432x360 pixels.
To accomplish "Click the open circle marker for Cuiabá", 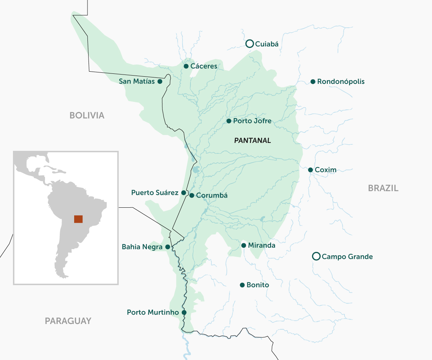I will pyautogui.click(x=249, y=44).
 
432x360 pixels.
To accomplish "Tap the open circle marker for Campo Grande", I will pyautogui.click(x=316, y=256).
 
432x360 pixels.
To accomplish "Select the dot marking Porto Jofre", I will pyautogui.click(x=229, y=121).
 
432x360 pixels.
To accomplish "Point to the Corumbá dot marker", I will pyautogui.click(x=192, y=195).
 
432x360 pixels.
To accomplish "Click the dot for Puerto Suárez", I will pyautogui.click(x=184, y=193).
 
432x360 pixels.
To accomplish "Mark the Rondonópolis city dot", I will pyautogui.click(x=313, y=82).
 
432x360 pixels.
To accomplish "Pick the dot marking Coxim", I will pyautogui.click(x=310, y=170).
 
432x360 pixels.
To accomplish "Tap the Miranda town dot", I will pyautogui.click(x=243, y=246).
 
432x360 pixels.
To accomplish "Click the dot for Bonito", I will pyautogui.click(x=242, y=285).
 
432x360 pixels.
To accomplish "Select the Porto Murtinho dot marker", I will pyautogui.click(x=184, y=312).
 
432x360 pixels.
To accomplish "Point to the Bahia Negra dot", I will pyautogui.click(x=167, y=247).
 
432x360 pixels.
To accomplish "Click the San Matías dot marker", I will pyautogui.click(x=160, y=81).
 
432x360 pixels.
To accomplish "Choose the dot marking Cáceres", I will pyautogui.click(x=186, y=66).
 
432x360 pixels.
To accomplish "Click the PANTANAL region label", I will pyautogui.click(x=252, y=140).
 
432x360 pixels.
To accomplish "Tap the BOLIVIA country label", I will pyautogui.click(x=87, y=115).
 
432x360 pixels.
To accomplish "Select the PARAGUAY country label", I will pyautogui.click(x=68, y=321).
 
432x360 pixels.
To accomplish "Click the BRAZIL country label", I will pyautogui.click(x=383, y=188).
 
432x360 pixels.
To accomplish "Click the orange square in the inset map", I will pyautogui.click(x=78, y=219).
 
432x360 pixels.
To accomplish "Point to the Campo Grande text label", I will pyautogui.click(x=347, y=257).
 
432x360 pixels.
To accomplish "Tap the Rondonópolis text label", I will pyautogui.click(x=341, y=82).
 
